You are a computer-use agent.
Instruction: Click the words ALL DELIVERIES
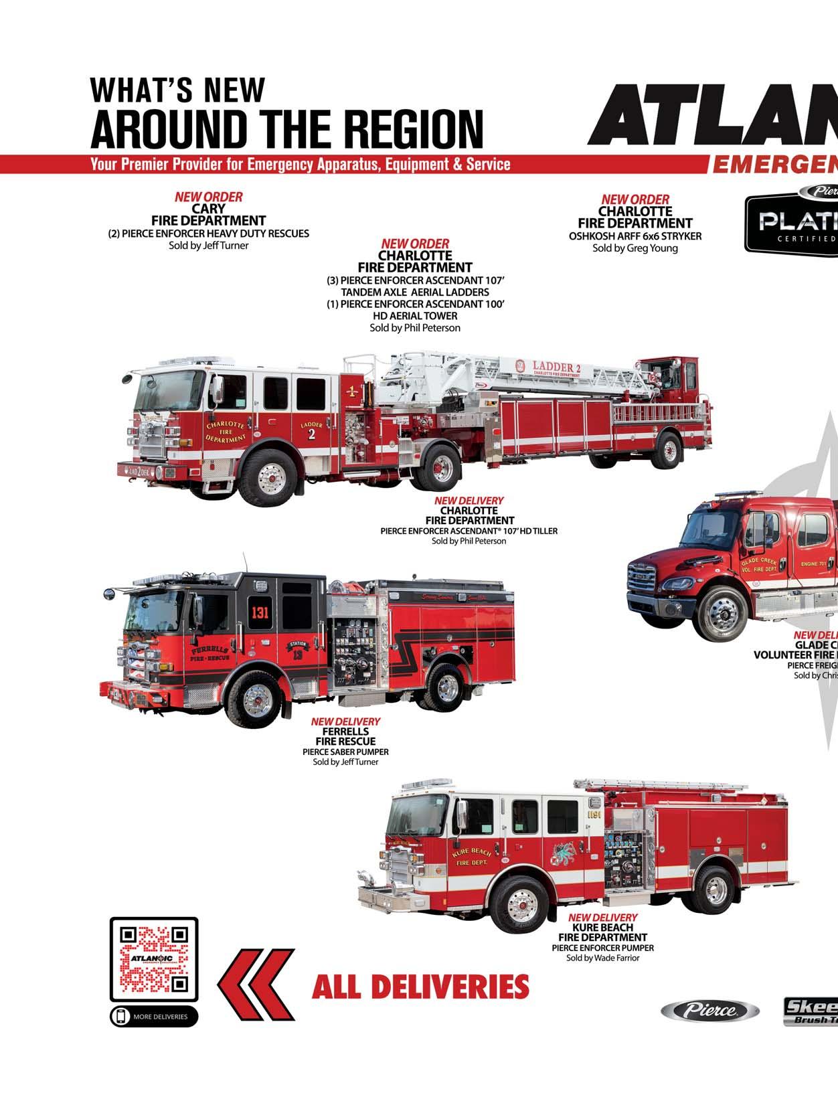(420, 987)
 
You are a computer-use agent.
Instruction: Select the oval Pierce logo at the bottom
(709, 1011)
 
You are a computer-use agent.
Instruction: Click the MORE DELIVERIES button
(154, 1017)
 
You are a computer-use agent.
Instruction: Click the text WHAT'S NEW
(177, 90)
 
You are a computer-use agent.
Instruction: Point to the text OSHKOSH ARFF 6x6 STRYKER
(635, 236)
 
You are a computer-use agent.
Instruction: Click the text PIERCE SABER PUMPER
(345, 752)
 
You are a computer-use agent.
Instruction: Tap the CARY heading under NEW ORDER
(208, 209)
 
